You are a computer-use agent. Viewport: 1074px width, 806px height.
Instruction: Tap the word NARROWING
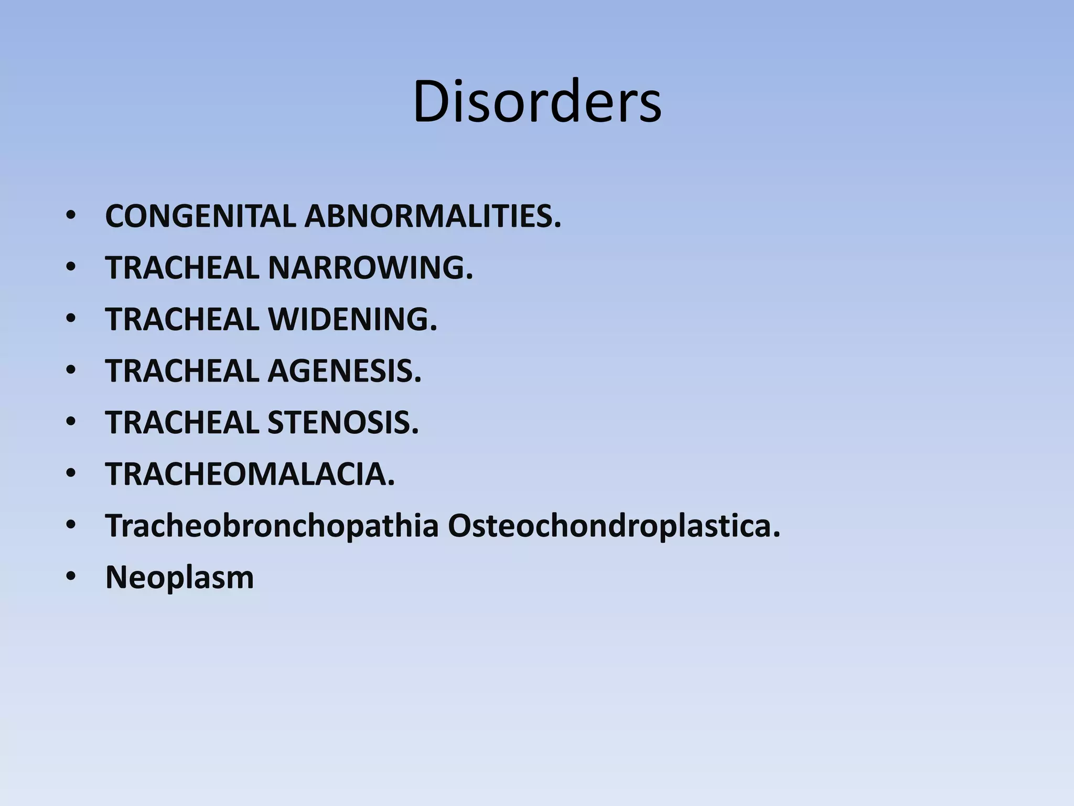pos(370,268)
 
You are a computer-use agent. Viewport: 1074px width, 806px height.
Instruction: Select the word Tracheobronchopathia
pos(272,525)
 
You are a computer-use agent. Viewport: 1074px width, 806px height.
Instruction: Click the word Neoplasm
pos(179,577)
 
